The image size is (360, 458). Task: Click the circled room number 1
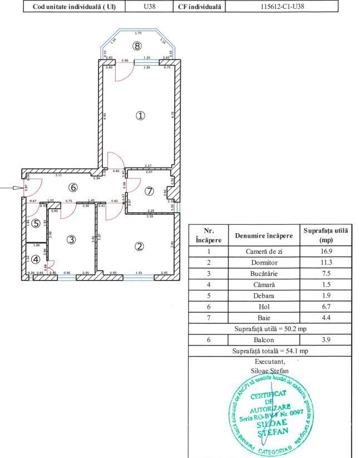click(141, 115)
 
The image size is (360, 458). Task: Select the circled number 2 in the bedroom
click(140, 247)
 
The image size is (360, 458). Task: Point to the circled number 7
click(149, 191)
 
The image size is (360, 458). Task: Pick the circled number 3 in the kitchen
click(71, 240)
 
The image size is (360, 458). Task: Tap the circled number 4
click(36, 259)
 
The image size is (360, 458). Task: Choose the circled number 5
click(36, 224)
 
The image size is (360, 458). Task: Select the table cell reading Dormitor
click(264, 263)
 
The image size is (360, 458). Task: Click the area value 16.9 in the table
click(326, 252)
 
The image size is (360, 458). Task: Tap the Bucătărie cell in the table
click(264, 274)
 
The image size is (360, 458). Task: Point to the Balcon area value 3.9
click(326, 340)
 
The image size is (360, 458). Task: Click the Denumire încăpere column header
click(264, 235)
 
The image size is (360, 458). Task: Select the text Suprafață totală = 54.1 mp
click(270, 351)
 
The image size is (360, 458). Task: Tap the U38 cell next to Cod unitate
click(149, 7)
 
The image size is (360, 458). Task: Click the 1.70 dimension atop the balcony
click(138, 33)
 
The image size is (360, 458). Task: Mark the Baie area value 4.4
click(326, 318)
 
